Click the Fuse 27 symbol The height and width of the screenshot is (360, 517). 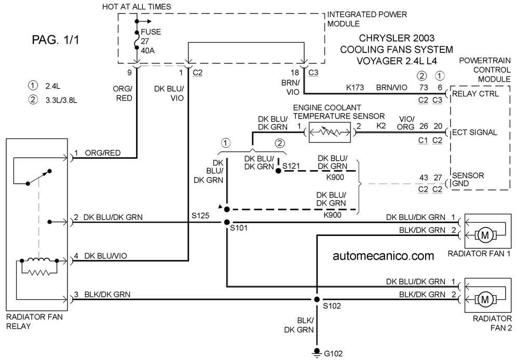click(x=137, y=40)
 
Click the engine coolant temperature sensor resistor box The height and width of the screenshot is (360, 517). click(x=330, y=132)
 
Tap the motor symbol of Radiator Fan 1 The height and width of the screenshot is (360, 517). click(x=485, y=235)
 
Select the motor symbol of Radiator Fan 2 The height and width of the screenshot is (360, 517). click(x=485, y=299)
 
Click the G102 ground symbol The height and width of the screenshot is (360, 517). click(x=317, y=353)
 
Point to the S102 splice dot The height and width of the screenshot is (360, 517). click(x=317, y=299)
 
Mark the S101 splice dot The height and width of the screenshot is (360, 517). click(x=227, y=223)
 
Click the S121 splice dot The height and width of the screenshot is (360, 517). click(x=278, y=171)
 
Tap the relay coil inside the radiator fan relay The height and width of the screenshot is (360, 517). click(x=39, y=260)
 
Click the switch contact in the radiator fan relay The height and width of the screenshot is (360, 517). click(x=38, y=177)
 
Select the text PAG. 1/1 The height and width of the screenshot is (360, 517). click(x=56, y=40)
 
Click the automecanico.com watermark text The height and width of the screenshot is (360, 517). click(x=383, y=256)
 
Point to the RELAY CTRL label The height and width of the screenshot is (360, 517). click(x=475, y=94)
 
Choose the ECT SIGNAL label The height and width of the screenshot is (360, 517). click(x=474, y=132)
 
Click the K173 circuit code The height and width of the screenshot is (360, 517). click(x=355, y=88)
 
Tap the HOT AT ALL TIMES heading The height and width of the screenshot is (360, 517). click(x=137, y=7)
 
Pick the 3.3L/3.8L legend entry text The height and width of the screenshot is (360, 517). click(x=61, y=100)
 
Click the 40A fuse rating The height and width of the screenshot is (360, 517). click(x=148, y=51)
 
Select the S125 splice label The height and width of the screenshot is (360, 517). click(x=200, y=216)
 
